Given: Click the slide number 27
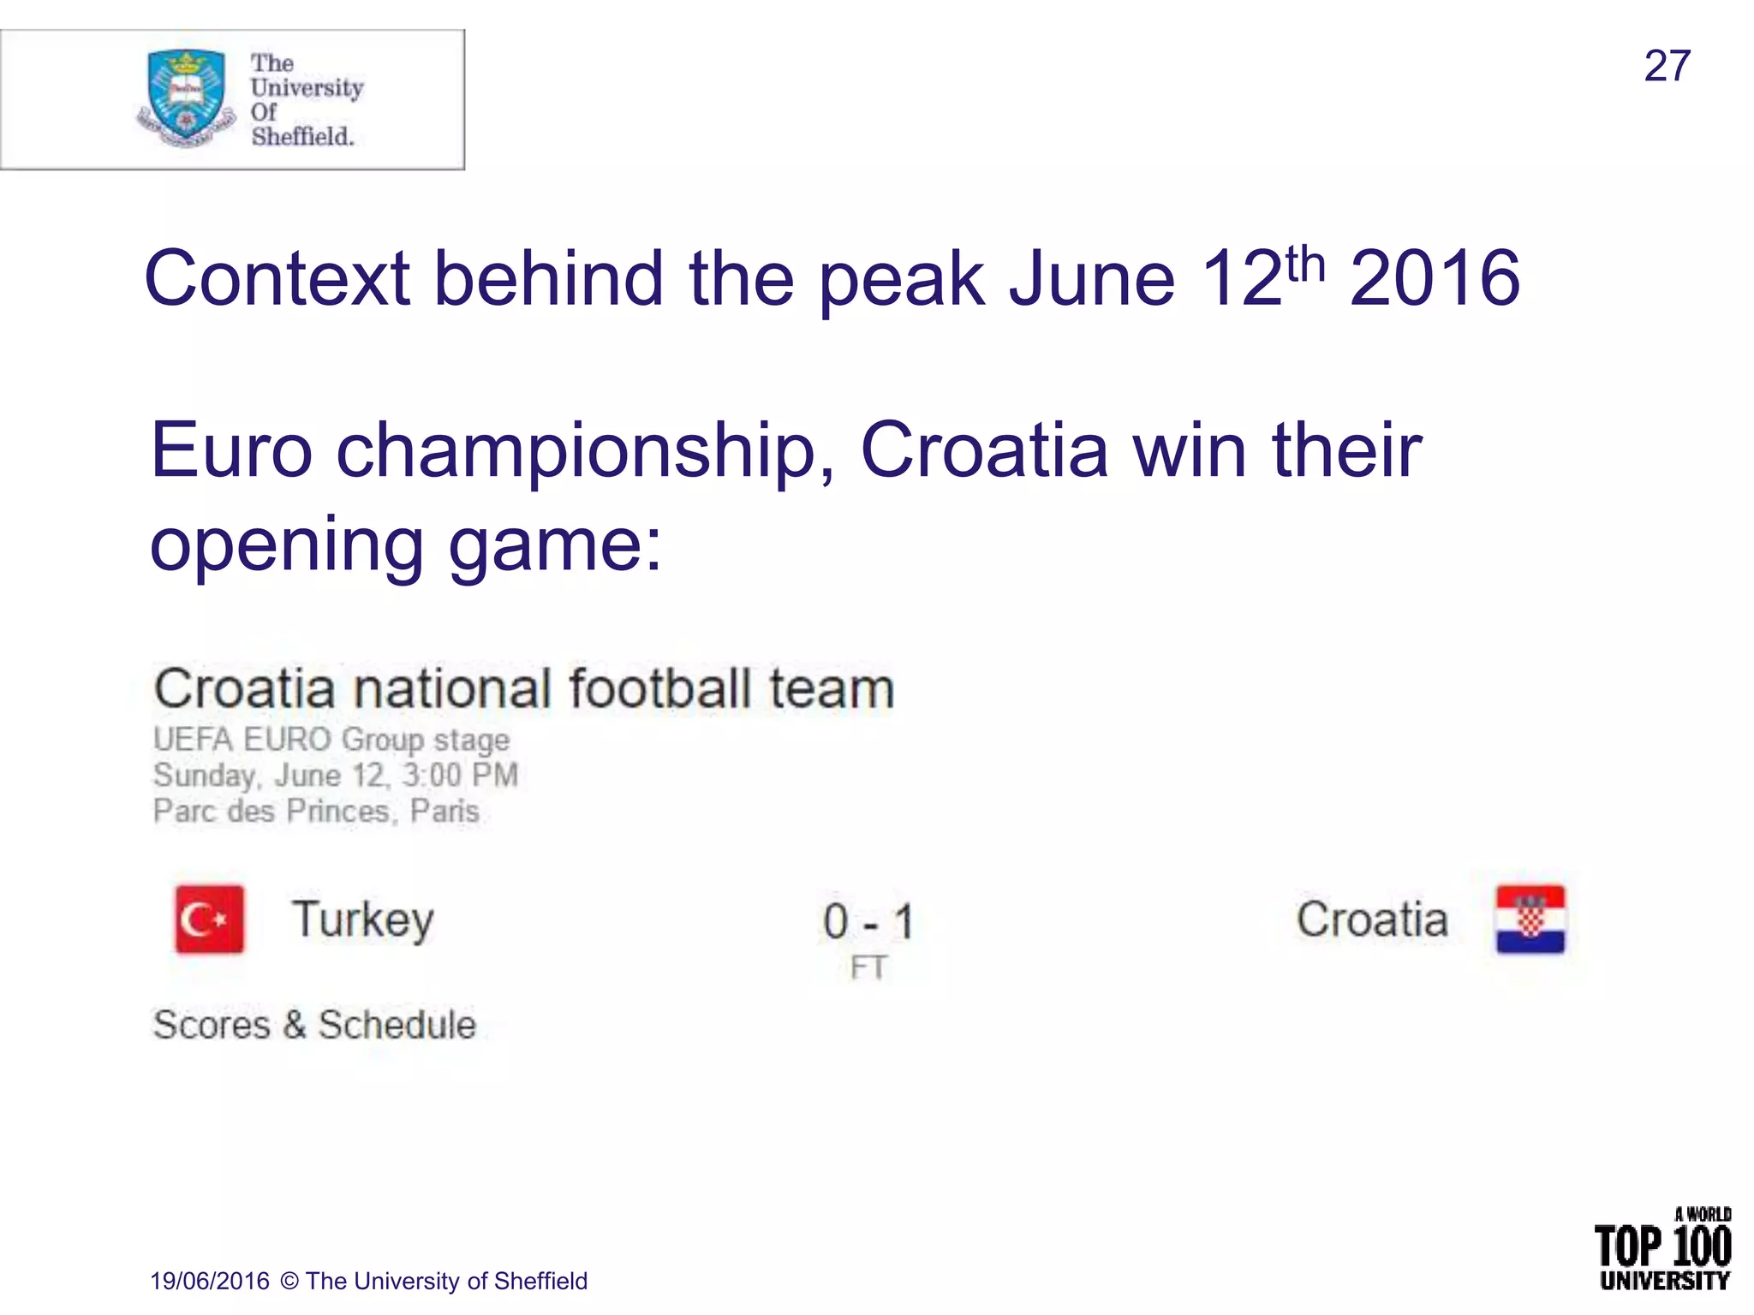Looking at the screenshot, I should pyautogui.click(x=1667, y=66).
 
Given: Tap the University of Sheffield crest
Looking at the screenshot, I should pyautogui.click(x=186, y=96).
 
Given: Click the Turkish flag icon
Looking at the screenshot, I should pyautogui.click(x=209, y=919).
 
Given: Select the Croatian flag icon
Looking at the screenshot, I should pyautogui.click(x=1530, y=919).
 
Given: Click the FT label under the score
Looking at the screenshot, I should pyautogui.click(x=868, y=968).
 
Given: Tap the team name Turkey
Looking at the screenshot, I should pyautogui.click(x=363, y=919).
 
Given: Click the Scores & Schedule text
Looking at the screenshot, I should pyautogui.click(x=313, y=1025).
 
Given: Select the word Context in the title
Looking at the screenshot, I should pyautogui.click(x=277, y=278).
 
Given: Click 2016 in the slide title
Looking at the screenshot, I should pyautogui.click(x=1435, y=278).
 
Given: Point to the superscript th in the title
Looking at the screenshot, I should pyautogui.click(x=1305, y=263).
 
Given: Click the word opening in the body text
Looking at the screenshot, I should pyautogui.click(x=286, y=545).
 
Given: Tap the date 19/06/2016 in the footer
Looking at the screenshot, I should pyautogui.click(x=210, y=1281).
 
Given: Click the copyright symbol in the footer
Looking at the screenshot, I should pyautogui.click(x=289, y=1281).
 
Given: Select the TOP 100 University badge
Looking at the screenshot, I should pyautogui.click(x=1662, y=1248).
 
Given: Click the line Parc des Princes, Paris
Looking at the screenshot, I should pyautogui.click(x=316, y=811).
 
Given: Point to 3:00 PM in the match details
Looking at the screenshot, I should pyautogui.click(x=460, y=776).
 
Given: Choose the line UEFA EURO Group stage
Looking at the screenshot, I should pyautogui.click(x=331, y=740).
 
